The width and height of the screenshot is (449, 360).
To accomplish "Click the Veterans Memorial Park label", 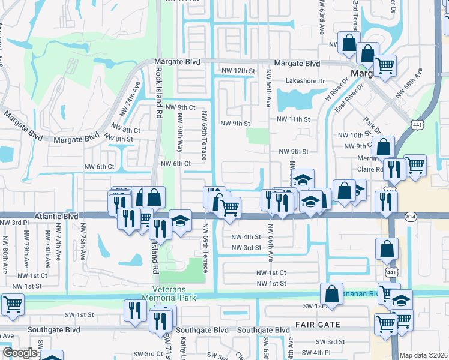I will point(169,293).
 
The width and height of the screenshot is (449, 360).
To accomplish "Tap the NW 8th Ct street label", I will point(126,130).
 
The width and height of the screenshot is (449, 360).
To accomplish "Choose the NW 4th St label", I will point(246,237).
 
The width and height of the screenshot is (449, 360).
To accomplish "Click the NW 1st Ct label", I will point(270,273).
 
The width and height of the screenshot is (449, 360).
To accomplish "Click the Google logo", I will point(20,353).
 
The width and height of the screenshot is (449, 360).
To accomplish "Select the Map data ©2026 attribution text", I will point(424,355).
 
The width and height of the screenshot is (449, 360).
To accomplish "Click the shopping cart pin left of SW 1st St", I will point(12,304).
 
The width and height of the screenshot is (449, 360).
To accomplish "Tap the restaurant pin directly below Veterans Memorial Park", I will point(135,310).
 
